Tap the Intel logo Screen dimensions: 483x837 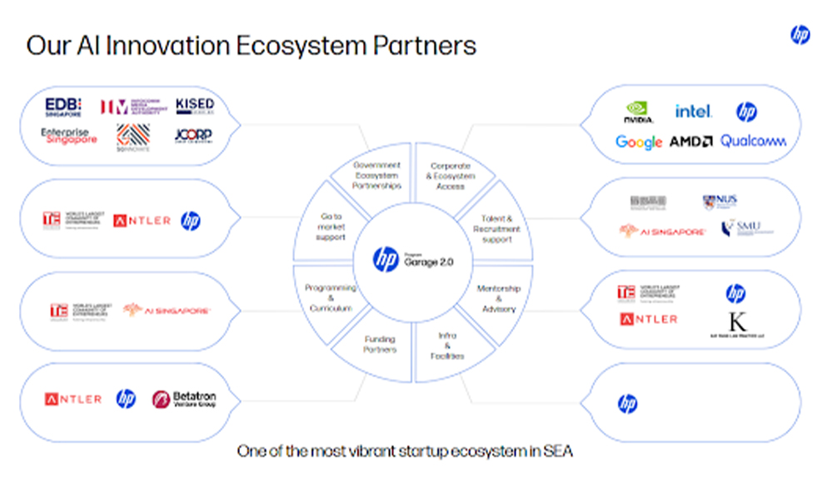point(693,112)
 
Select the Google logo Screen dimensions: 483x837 point(639,142)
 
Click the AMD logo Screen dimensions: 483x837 point(690,142)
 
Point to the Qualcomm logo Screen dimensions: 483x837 point(753,142)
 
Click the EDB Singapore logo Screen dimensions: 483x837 point(62,106)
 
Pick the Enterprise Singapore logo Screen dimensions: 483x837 point(69,136)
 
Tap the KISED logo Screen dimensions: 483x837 point(195,106)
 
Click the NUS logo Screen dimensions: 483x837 point(720,202)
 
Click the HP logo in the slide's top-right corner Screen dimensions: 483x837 point(800,35)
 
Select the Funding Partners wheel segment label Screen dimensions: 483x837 point(380,345)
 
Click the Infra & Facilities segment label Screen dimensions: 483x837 point(447,346)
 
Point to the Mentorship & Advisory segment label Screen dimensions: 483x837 point(499,298)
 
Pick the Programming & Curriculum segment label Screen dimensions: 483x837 point(330,298)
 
